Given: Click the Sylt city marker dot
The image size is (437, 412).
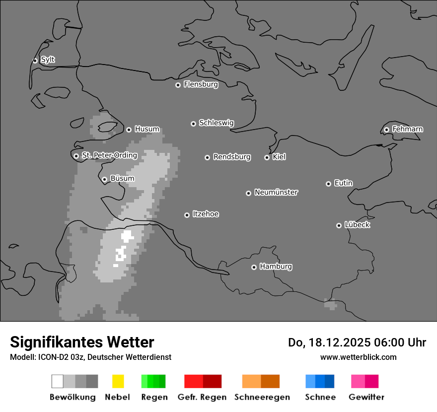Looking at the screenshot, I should pyautogui.click(x=35, y=61).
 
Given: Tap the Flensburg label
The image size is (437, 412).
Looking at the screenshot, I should pyautogui.click(x=201, y=84).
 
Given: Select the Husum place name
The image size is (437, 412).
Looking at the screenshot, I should pyautogui.click(x=147, y=129).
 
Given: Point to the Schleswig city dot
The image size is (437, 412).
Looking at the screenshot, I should pyautogui.click(x=193, y=124).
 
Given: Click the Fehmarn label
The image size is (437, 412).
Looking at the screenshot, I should pyautogui.click(x=407, y=129).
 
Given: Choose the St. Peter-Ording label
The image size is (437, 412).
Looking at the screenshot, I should pyautogui.click(x=109, y=155).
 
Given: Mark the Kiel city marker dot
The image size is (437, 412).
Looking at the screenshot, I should pyautogui.click(x=267, y=157).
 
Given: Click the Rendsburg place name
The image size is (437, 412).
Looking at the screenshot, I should pyautogui.click(x=232, y=157).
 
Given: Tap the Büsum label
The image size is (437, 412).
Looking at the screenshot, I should pyautogui.click(x=122, y=179).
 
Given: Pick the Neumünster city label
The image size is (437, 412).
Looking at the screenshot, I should pyautogui.click(x=276, y=192).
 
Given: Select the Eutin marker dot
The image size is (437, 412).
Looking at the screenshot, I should pyautogui.click(x=328, y=184).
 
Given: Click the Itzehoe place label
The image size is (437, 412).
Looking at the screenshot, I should pyautogui.click(x=206, y=214).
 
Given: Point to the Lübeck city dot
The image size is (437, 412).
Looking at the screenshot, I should pyautogui.click(x=339, y=225).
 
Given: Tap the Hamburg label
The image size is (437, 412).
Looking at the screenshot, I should pyautogui.click(x=276, y=267).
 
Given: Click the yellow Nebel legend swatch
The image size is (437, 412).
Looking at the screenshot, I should pyautogui.click(x=118, y=381).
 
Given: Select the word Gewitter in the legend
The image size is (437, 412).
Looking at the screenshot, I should pyautogui.click(x=366, y=397).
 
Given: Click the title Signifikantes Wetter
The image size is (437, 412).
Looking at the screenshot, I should pyautogui.click(x=82, y=342).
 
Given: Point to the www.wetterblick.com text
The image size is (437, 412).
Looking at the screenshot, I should pyautogui.click(x=358, y=357).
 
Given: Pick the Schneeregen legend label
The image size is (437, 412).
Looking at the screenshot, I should pyautogui.click(x=262, y=397).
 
